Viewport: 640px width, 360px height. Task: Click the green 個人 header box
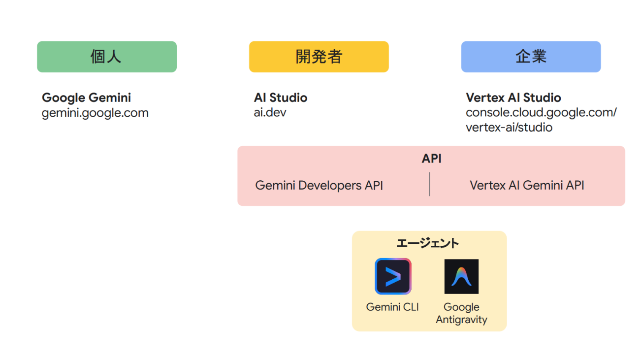coord(106,57)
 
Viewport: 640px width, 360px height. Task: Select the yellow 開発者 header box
coord(319,57)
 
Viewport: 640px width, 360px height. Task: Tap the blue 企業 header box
coord(531,57)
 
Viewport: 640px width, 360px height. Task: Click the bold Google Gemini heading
coord(86,98)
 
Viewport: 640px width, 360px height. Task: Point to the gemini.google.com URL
coord(95,113)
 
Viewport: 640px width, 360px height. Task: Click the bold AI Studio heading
coord(281,98)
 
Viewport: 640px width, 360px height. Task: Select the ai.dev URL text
coord(270,113)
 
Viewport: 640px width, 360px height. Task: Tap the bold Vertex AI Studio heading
coord(513,98)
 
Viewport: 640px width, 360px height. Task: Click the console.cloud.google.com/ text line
coord(541,113)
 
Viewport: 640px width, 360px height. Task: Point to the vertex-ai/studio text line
coord(509,128)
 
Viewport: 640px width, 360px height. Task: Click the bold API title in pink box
coord(431,159)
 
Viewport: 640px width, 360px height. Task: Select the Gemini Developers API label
coord(319,186)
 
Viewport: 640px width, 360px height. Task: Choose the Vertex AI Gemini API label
coord(527,186)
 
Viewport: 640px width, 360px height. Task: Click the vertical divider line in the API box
coord(430,184)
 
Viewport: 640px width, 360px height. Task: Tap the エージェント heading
coord(427,243)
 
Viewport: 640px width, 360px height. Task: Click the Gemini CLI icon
coord(393,276)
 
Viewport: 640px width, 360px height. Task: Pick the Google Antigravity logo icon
coord(461,276)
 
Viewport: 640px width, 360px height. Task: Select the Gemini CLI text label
coord(392,307)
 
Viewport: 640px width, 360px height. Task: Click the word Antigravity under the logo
coord(461,320)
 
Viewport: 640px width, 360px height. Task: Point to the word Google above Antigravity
coord(461,307)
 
